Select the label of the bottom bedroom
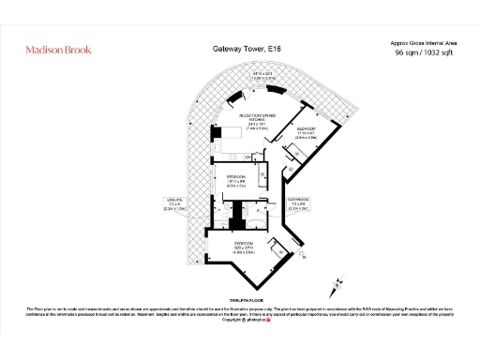243,247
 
